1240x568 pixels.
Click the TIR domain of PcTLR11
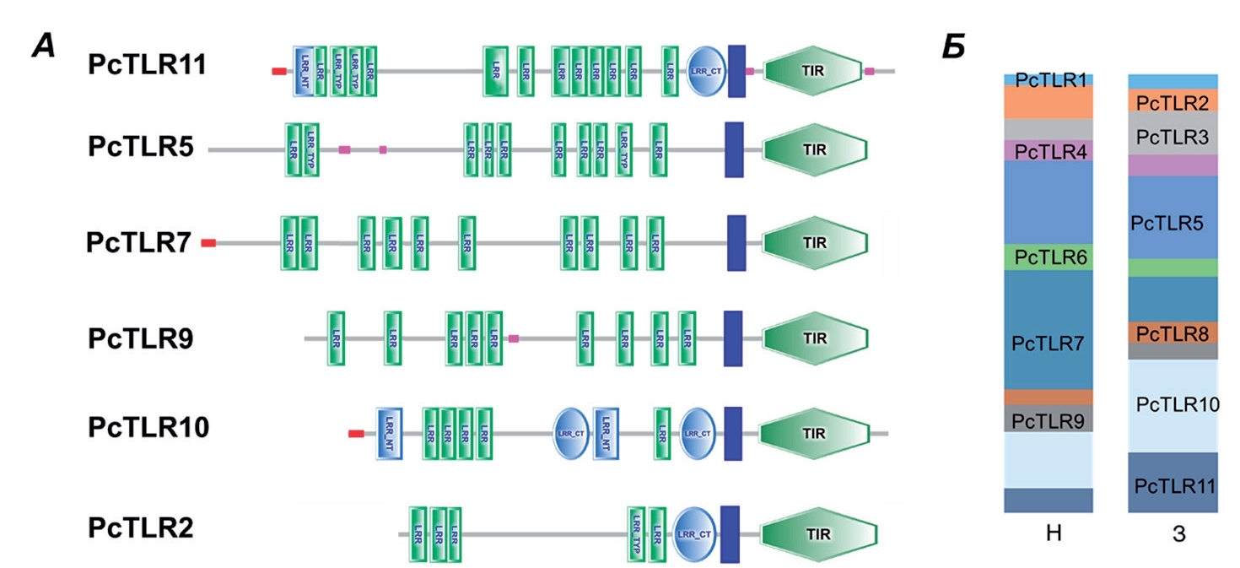pos(815,71)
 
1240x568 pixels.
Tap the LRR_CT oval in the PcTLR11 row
pos(705,71)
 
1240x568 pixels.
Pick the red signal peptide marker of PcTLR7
pos(208,243)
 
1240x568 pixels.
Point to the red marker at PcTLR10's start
pos(356,434)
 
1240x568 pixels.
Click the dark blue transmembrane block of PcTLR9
pos(733,338)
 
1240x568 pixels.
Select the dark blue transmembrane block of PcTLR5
pos(735,149)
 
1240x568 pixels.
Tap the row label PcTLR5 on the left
pos(141,148)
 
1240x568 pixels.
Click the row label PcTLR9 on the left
pos(141,338)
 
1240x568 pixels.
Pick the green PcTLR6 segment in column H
pos(1049,257)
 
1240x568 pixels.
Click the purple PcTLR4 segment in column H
pos(1049,150)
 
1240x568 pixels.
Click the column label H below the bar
pos(1049,535)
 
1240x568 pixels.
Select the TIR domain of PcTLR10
pos(815,434)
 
